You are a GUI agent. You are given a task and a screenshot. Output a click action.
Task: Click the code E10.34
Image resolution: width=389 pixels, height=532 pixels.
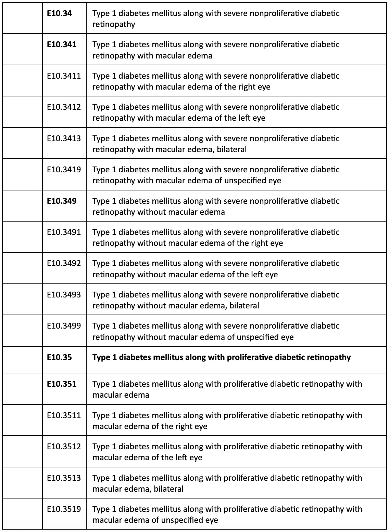tap(59, 13)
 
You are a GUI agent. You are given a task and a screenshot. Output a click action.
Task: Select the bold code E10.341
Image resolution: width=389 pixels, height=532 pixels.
tap(62, 44)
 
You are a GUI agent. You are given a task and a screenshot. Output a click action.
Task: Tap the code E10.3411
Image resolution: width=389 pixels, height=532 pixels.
tap(64, 76)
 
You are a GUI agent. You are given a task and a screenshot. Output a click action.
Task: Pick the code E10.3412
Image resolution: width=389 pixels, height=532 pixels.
tap(64, 107)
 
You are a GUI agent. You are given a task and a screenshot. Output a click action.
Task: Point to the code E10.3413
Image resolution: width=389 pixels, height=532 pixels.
tap(64, 138)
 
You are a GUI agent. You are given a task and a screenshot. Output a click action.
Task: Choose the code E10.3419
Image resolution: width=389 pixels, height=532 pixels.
tap(64, 170)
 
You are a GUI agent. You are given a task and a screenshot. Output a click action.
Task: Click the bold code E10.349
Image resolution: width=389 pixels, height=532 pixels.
tap(62, 201)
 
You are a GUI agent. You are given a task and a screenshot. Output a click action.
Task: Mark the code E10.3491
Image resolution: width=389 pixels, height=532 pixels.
tap(64, 232)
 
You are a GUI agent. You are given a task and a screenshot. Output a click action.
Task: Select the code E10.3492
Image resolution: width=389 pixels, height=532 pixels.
tap(64, 263)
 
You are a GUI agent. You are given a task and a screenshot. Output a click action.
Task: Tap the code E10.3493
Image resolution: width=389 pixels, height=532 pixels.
tap(64, 295)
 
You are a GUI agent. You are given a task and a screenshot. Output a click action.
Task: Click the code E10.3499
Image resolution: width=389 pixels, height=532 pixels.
tap(64, 326)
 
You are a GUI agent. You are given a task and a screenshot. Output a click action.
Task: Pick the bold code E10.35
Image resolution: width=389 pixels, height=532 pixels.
tap(59, 357)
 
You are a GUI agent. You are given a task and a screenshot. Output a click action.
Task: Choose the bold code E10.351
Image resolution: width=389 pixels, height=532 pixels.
tap(62, 384)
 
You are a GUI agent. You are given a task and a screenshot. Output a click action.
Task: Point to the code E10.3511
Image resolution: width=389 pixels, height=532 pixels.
tap(64, 415)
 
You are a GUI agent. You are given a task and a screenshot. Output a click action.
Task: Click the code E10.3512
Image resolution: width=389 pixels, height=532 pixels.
tap(64, 447)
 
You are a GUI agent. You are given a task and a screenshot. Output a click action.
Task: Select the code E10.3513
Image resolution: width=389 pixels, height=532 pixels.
tap(64, 478)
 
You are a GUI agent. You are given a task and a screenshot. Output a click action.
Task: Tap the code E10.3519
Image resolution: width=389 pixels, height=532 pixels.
tap(64, 509)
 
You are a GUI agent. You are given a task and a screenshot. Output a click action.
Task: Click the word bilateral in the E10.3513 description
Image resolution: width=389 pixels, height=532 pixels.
tap(168, 489)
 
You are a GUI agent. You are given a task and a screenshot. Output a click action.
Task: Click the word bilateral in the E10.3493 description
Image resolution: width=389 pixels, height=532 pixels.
tap(244, 306)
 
